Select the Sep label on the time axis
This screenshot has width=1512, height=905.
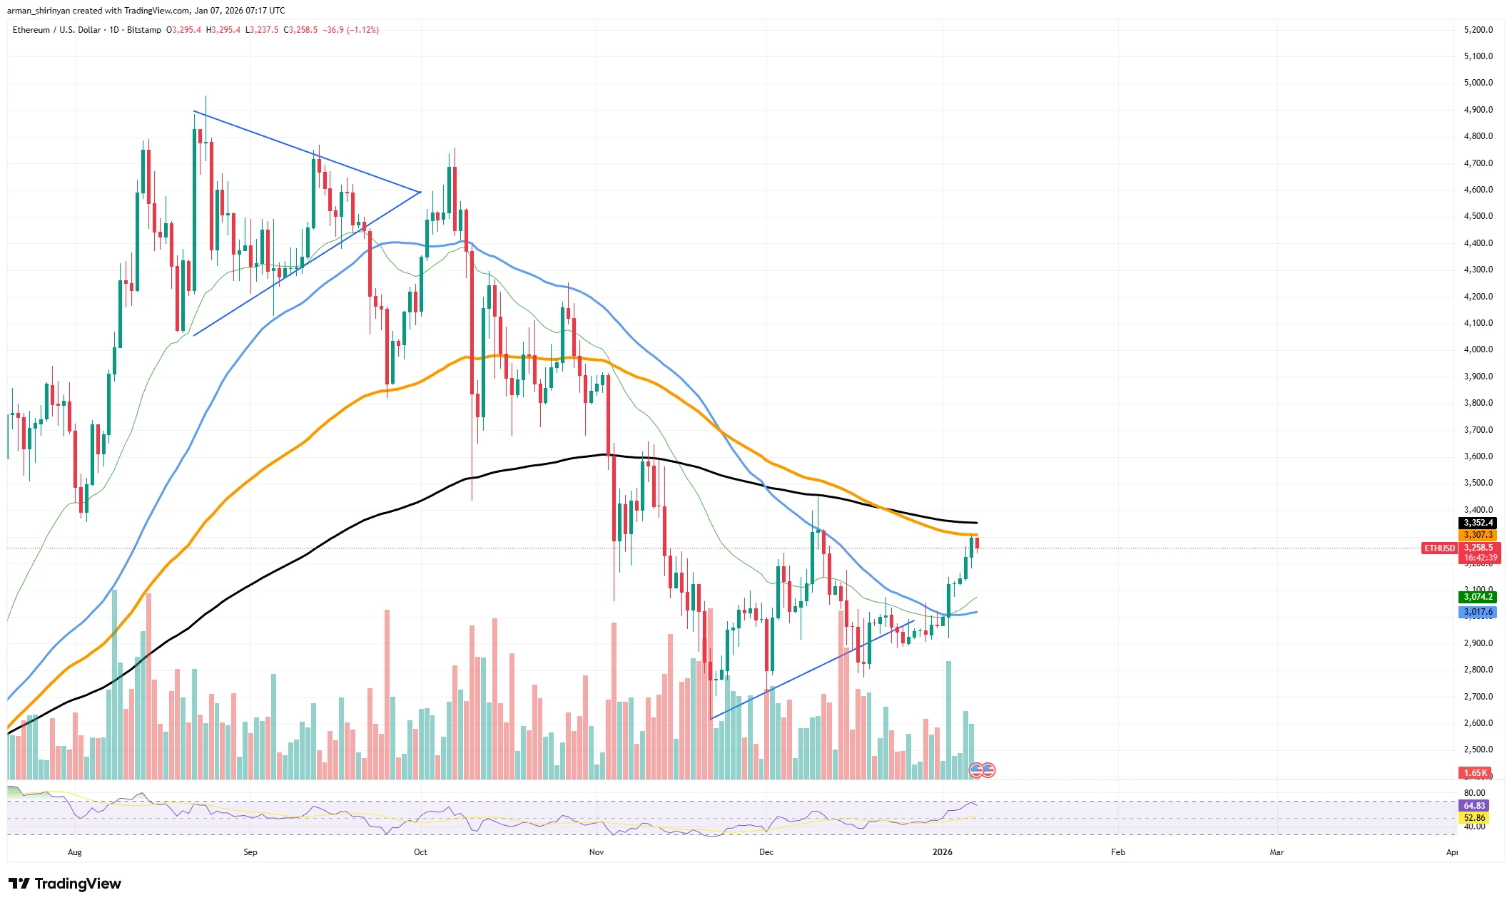pyautogui.click(x=250, y=852)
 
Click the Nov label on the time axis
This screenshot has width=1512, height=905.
pyautogui.click(x=597, y=852)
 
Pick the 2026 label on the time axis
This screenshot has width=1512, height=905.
pyautogui.click(x=942, y=852)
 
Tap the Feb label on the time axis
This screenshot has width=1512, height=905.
pyautogui.click(x=1118, y=852)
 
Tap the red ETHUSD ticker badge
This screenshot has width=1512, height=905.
pyautogui.click(x=1439, y=548)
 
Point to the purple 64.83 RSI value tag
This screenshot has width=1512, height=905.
pyautogui.click(x=1474, y=806)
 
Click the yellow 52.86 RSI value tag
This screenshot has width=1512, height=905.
pyautogui.click(x=1474, y=818)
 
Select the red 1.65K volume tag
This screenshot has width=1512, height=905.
pyautogui.click(x=1475, y=773)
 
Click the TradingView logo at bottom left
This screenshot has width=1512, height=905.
pyautogui.click(x=65, y=884)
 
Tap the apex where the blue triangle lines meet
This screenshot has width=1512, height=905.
pyautogui.click(x=420, y=192)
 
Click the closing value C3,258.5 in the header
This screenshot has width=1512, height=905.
pyautogui.click(x=300, y=30)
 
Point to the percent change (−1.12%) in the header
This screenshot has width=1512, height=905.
pyautogui.click(x=362, y=30)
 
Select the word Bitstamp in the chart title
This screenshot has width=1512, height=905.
pyautogui.click(x=144, y=30)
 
